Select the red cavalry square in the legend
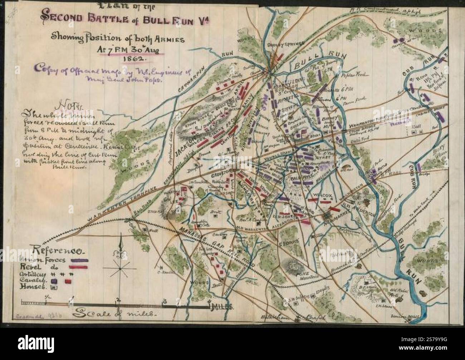point(68,281)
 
